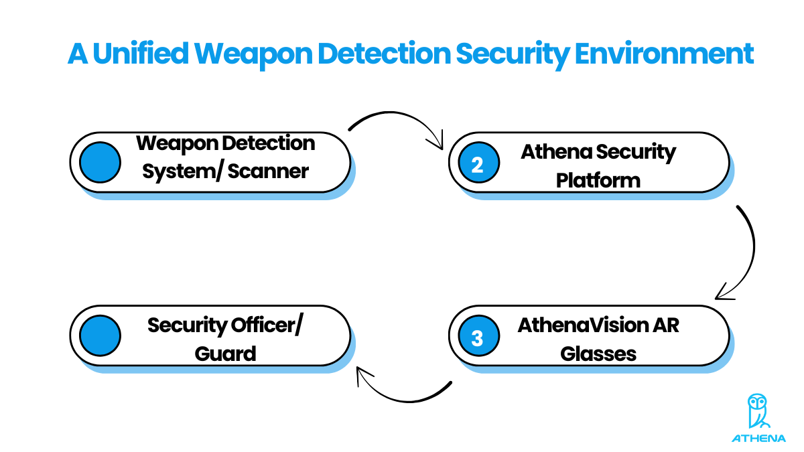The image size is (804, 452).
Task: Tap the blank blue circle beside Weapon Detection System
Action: (x=100, y=163)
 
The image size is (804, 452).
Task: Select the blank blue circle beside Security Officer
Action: (x=100, y=336)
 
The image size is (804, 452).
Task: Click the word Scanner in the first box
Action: (x=268, y=171)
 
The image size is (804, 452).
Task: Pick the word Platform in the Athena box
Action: (x=598, y=180)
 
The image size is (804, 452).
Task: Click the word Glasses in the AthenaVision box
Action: (x=598, y=354)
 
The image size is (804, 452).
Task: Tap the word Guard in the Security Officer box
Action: (x=226, y=354)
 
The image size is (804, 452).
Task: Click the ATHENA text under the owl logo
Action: (x=758, y=439)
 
